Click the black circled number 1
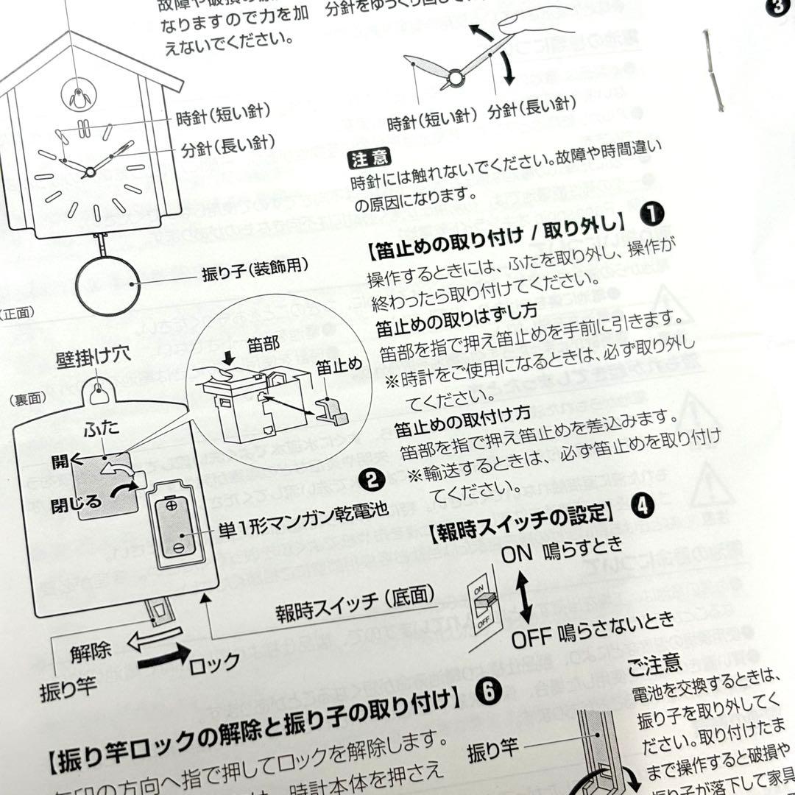tap(651, 213)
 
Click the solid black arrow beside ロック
tap(163, 655)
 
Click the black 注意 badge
tap(370, 157)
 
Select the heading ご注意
tap(654, 665)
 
